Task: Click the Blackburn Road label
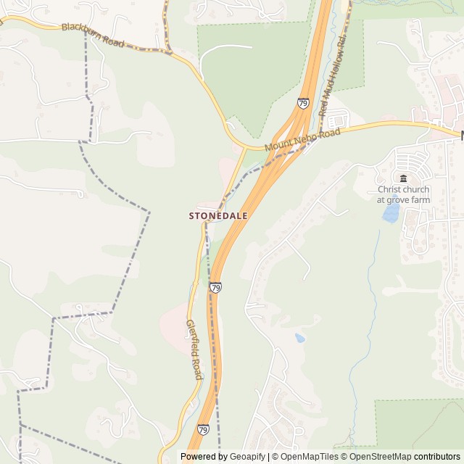click(93, 34)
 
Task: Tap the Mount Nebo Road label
click(302, 141)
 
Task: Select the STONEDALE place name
click(218, 216)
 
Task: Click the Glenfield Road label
click(194, 349)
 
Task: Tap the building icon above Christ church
click(403, 179)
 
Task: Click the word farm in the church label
click(419, 199)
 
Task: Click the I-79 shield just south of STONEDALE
click(215, 288)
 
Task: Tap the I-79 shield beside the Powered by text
click(204, 430)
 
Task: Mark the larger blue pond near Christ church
click(391, 212)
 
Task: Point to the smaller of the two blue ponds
click(299, 337)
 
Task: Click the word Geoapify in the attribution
click(247, 457)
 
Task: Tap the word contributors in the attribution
click(437, 457)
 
